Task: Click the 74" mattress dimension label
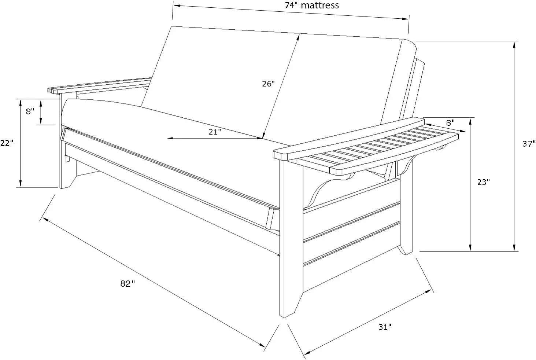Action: pos(312,5)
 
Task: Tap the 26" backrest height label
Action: pos(268,84)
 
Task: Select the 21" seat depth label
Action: pos(215,132)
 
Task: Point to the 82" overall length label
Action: pos(127,283)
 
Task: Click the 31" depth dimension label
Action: pos(385,327)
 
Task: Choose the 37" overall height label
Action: pos(529,144)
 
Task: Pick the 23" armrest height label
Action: pos(483,182)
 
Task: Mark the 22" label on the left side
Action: pos(7,143)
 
